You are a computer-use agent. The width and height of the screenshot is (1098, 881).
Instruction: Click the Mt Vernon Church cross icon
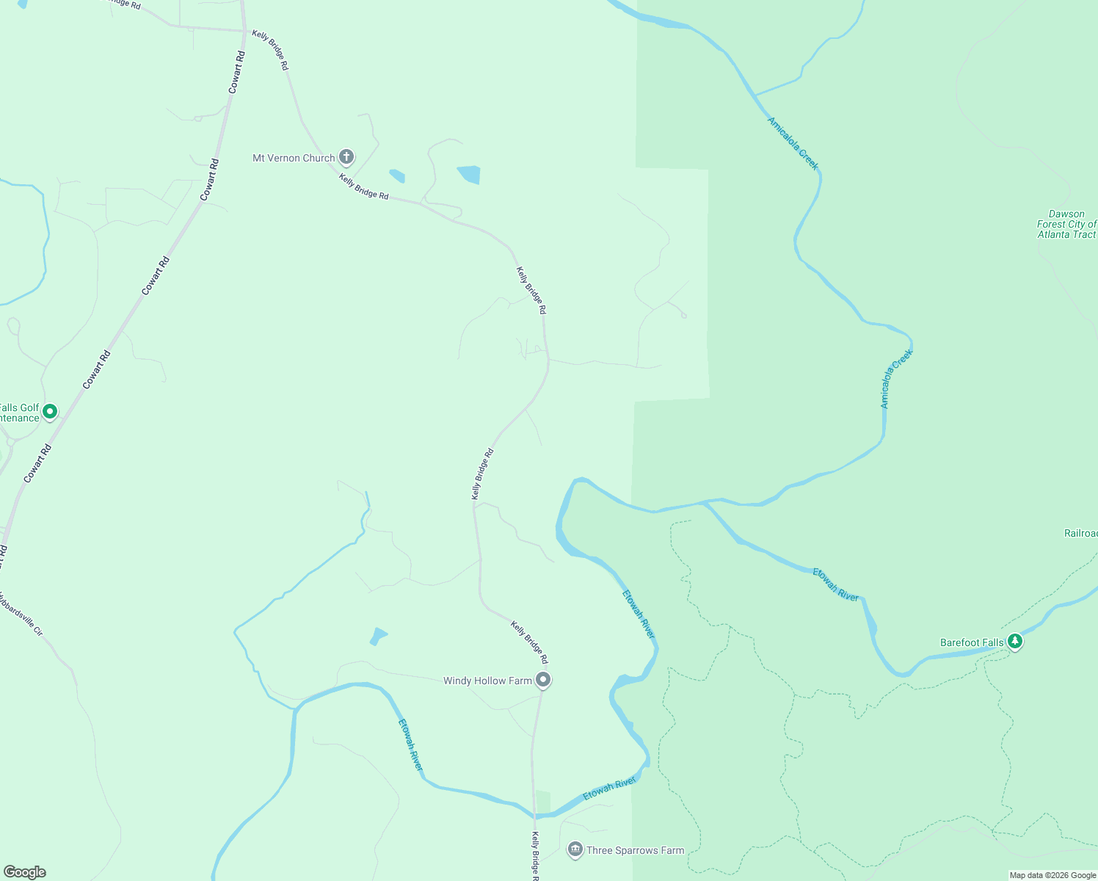346,157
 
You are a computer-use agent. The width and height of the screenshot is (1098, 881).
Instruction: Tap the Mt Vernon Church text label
294,158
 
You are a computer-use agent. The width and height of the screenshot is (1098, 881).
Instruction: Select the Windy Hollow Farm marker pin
543,681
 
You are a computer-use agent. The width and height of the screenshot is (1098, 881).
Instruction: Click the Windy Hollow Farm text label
487,681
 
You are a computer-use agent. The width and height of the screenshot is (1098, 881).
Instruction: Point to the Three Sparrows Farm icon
575,850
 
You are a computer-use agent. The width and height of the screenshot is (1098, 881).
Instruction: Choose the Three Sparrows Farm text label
636,851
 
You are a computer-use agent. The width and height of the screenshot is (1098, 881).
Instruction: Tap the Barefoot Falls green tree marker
1015,642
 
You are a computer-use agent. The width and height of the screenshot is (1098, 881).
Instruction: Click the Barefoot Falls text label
972,643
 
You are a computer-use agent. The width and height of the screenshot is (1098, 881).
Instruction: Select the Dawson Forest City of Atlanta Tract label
1066,225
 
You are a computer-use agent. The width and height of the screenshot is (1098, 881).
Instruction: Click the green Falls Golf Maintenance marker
50,412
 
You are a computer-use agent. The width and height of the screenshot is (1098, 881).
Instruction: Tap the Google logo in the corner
25,872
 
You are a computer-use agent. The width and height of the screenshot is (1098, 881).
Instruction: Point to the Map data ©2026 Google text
1052,875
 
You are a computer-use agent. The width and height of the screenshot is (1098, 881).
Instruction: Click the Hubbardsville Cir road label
22,614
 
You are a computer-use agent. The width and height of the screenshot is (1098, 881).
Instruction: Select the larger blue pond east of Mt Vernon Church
469,175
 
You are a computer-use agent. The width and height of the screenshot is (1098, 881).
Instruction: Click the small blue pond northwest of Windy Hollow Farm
378,636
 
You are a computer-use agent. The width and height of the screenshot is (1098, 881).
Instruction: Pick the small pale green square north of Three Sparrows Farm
542,801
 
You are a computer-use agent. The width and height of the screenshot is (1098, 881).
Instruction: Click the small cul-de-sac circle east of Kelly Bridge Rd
684,316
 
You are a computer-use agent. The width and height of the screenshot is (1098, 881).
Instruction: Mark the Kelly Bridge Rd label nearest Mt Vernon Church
364,187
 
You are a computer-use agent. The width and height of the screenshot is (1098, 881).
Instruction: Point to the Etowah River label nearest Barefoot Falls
836,585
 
